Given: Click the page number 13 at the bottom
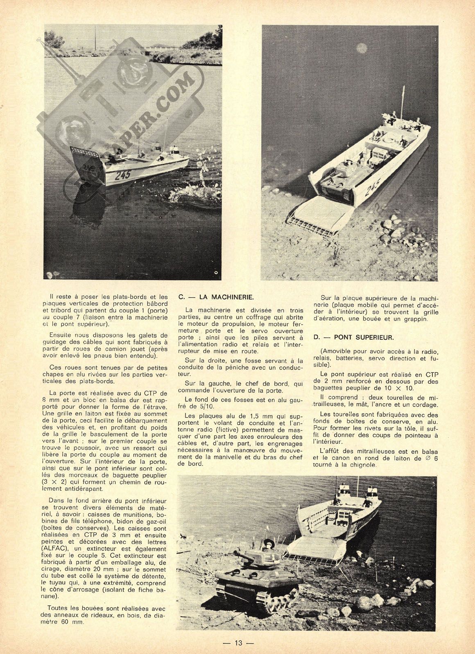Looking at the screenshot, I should [238, 643].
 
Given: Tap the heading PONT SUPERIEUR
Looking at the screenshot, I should [363, 338].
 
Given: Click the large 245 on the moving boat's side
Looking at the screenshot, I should [123, 174].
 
